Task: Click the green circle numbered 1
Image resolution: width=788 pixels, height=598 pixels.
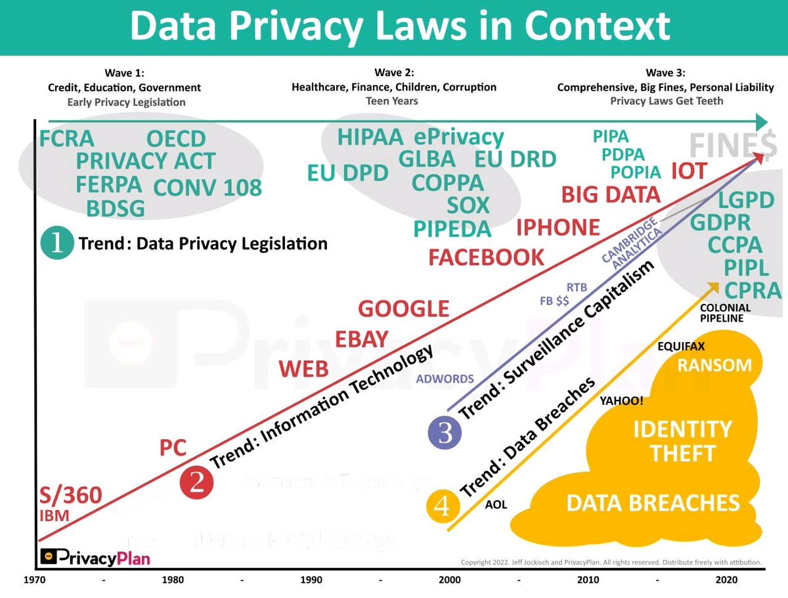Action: pos(56,244)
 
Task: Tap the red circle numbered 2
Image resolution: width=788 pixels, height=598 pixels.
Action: pos(196,482)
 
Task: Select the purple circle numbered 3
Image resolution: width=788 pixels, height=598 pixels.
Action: pos(445,433)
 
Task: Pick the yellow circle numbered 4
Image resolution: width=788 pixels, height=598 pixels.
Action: pos(442,506)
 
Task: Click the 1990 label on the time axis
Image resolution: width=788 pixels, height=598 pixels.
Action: pos(311,580)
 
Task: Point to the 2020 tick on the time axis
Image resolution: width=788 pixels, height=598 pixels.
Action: pos(727,580)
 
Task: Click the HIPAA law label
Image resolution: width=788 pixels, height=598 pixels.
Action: pos(370,138)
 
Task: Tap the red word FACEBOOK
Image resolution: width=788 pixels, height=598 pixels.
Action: pos(486,257)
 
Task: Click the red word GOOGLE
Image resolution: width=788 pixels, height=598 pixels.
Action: pos(403,309)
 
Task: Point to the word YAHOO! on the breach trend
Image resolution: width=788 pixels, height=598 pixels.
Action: pos(621,401)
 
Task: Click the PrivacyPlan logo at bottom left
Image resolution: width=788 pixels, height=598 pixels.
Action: pos(95,558)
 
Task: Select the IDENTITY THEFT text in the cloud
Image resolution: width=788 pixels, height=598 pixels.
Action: pos(682,441)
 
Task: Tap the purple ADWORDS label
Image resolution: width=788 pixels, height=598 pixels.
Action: pos(445,379)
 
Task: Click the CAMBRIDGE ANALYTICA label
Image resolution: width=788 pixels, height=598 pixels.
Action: pos(631,242)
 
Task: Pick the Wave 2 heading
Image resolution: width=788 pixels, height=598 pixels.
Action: pos(394,72)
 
